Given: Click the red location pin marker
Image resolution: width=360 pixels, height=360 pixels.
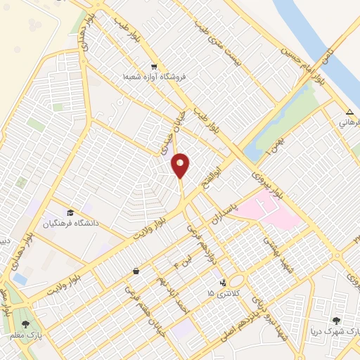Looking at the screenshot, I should (x=181, y=166).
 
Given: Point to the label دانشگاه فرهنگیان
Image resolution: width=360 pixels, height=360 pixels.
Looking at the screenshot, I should (x=69, y=223).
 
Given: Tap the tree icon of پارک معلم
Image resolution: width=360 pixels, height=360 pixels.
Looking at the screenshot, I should (x=26, y=324).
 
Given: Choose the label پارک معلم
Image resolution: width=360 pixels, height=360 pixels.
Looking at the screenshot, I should (x=26, y=335).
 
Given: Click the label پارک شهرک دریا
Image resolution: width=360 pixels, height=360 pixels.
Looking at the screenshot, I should (x=335, y=330).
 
